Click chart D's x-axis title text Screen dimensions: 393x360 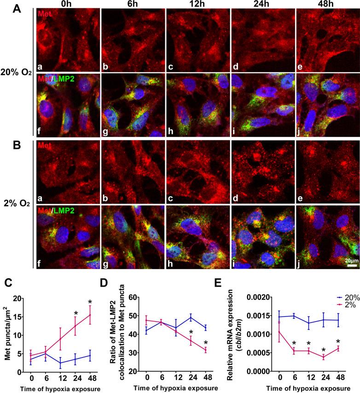[x=176, y=386]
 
